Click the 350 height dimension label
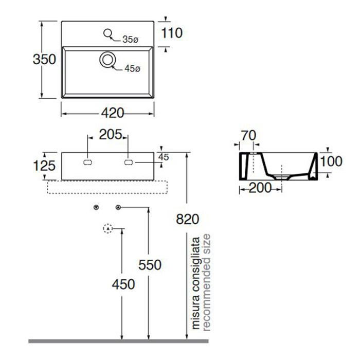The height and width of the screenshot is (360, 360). click(44, 59)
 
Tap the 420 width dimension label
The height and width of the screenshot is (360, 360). click(113, 113)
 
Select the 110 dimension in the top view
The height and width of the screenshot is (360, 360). click(172, 33)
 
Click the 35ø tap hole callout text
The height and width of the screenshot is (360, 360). click(130, 40)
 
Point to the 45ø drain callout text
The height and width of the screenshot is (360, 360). click(133, 68)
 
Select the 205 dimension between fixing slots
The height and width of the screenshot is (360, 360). click(111, 135)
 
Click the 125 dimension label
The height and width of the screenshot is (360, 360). click(44, 166)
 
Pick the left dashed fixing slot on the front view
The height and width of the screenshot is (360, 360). click(87, 163)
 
